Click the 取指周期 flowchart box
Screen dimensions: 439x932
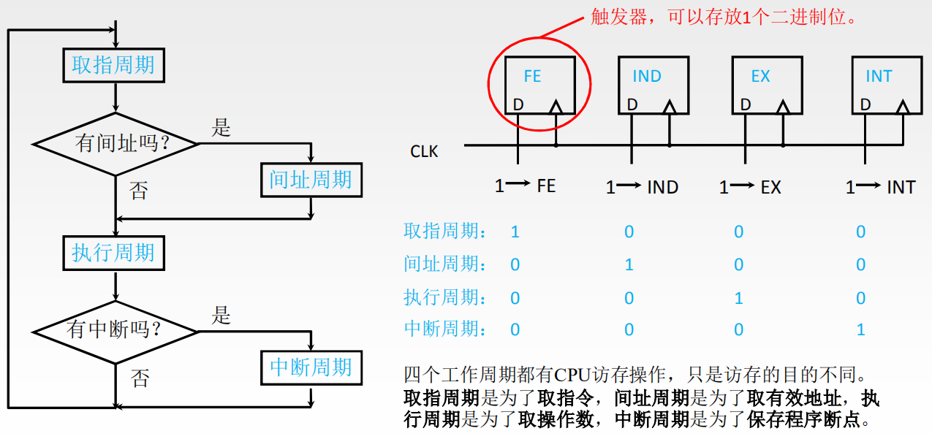[113, 66]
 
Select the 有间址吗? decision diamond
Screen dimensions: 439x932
[116, 143]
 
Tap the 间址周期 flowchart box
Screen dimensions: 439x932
[311, 180]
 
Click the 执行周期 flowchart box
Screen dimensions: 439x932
[113, 253]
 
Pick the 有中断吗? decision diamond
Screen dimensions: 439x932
[115, 331]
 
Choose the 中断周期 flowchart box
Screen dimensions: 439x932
[311, 367]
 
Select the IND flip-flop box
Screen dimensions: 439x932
[653, 85]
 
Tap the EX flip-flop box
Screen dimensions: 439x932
[767, 85]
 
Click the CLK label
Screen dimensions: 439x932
[424, 152]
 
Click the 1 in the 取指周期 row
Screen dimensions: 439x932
[515, 232]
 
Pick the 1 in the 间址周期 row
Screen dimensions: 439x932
[629, 264]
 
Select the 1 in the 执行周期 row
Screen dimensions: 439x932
[739, 298]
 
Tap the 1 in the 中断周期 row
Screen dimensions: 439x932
[860, 329]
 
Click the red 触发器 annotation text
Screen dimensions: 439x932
[723, 18]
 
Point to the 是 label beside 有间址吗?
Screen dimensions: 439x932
[221, 128]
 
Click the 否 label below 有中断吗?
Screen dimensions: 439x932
[140, 378]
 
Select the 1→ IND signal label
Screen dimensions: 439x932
[643, 188]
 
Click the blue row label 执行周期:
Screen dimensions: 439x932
[445, 297]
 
